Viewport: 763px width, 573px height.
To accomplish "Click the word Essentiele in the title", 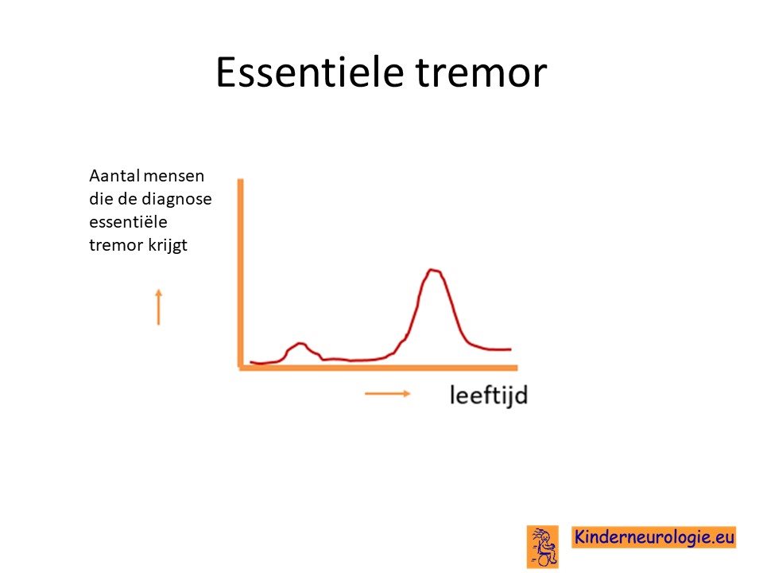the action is (x=309, y=72).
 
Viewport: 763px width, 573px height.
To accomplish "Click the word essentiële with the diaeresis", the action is (x=128, y=222).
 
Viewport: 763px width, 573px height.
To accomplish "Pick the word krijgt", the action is (x=168, y=245).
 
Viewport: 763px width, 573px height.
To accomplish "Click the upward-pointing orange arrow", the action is (x=158, y=306).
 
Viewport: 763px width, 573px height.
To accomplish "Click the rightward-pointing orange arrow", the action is (x=388, y=394).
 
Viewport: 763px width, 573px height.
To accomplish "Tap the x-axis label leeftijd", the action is (x=489, y=395).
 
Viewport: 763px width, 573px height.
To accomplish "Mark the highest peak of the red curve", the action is (x=432, y=270).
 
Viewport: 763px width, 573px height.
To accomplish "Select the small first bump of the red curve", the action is (x=300, y=344).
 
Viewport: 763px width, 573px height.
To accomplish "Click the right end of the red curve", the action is (x=510, y=349).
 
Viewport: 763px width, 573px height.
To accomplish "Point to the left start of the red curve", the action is (x=251, y=362).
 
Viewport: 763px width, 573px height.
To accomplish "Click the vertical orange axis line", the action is (x=240, y=273).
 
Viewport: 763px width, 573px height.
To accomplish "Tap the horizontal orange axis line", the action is (x=378, y=368).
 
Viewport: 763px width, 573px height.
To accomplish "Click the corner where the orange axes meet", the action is (x=240, y=368).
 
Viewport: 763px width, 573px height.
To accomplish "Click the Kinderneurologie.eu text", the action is (x=653, y=537).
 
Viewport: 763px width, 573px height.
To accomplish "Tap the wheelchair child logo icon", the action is (x=543, y=547).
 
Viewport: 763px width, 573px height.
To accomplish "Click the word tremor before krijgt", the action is (x=116, y=245).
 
